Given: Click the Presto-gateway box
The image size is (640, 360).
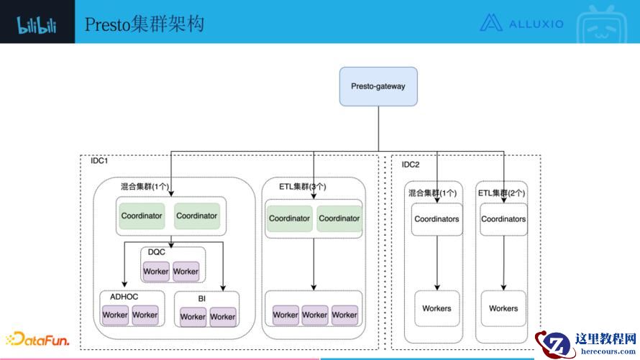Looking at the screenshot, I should pyautogui.click(x=378, y=86).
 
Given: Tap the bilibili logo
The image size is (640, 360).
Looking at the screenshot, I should pyautogui.click(x=37, y=25).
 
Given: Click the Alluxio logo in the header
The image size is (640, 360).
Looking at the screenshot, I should pyautogui.click(x=521, y=23).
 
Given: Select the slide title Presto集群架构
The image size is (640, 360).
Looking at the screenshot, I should pyautogui.click(x=144, y=24).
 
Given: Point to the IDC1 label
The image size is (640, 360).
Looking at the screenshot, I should pyautogui.click(x=99, y=161).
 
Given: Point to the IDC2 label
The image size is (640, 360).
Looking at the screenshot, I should pyautogui.click(x=411, y=165).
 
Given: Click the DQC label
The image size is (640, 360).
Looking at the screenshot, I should pyautogui.click(x=157, y=251).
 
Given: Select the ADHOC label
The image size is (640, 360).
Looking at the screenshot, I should pyautogui.click(x=124, y=296).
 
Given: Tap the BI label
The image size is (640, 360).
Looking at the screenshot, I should pyautogui.click(x=202, y=297).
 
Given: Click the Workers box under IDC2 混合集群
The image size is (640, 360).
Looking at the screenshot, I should pyautogui.click(x=436, y=308).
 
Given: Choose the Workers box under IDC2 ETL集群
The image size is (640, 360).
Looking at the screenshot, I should pyautogui.click(x=503, y=308).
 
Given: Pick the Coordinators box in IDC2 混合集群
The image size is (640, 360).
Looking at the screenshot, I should pyautogui.click(x=436, y=219).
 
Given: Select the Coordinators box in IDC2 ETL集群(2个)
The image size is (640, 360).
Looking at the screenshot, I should pyautogui.click(x=503, y=219).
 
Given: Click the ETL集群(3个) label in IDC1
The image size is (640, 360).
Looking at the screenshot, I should pyautogui.click(x=302, y=186).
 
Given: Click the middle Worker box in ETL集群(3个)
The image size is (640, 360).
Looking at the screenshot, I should pyautogui.click(x=315, y=315).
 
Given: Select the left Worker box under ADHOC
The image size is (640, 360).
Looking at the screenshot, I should pyautogui.click(x=115, y=315).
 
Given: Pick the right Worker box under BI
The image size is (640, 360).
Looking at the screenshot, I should pyautogui.click(x=222, y=316).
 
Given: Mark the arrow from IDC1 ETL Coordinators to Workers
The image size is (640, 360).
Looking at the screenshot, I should pyautogui.click(x=314, y=262).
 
